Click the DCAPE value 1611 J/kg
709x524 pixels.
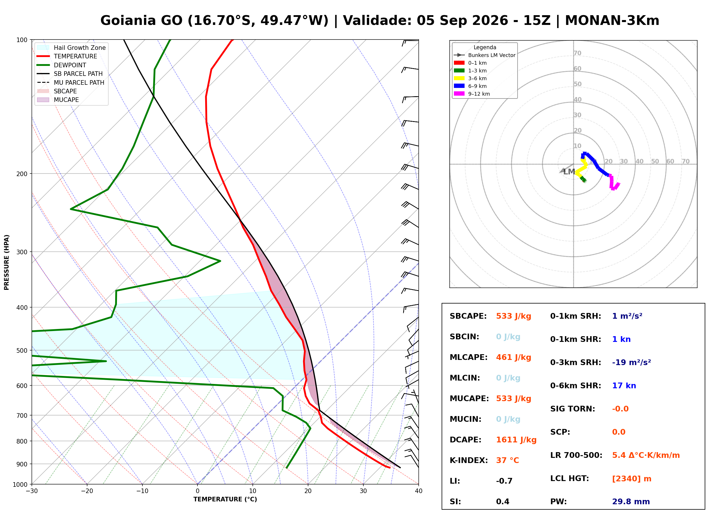coord(516,440)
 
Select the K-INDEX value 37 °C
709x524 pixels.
coord(508,460)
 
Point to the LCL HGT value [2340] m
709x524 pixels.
coord(632,479)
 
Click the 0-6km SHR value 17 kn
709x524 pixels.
coord(624,386)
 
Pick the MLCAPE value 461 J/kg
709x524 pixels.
coord(514,357)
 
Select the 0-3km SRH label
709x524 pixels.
coord(575,363)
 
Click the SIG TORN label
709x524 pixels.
coord(573,409)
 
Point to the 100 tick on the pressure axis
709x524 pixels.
coord(22,40)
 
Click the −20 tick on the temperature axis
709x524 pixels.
coord(87,491)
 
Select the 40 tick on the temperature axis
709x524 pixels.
coord(419,491)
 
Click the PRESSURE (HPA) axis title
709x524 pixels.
coord(7,262)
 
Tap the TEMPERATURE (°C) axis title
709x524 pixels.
coord(225,499)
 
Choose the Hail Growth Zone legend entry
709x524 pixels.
coord(71,48)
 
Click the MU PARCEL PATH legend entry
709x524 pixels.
coord(70,82)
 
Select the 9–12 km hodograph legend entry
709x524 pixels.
coord(472,94)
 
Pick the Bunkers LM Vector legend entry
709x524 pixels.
coord(485,55)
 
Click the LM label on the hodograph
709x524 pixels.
coord(569,172)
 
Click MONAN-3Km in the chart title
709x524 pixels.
coord(612,21)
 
